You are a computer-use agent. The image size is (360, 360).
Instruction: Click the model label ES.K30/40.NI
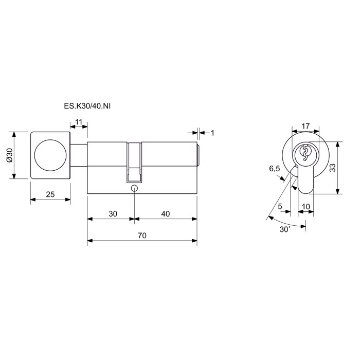[87, 106]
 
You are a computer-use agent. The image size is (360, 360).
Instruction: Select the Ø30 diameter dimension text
[10, 155]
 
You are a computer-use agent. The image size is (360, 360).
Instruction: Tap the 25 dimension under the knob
[50, 194]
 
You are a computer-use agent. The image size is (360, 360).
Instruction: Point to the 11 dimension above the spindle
[79, 122]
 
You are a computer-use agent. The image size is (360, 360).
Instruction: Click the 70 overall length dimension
[142, 236]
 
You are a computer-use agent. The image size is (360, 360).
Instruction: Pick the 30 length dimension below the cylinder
[113, 214]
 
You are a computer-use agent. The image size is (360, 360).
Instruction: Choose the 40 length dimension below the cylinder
[165, 214]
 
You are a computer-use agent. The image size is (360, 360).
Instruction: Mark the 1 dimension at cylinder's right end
[212, 133]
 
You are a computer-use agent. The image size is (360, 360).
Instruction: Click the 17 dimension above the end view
[305, 126]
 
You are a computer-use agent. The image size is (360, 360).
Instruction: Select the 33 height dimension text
[332, 168]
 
